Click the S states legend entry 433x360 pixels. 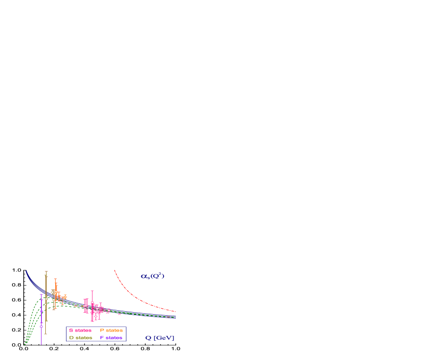pyautogui.click(x=80, y=330)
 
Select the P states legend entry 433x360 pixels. pyautogui.click(x=111, y=330)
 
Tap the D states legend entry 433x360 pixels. pyautogui.click(x=80, y=338)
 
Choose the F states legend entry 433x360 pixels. pyautogui.click(x=111, y=338)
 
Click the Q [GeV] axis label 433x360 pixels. pyautogui.click(x=160, y=338)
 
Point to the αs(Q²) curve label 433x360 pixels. pyautogui.click(x=152, y=276)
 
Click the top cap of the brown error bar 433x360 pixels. pyautogui.click(x=46, y=271)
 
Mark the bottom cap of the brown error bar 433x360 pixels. pyautogui.click(x=46, y=334)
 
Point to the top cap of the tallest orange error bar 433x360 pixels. pyautogui.click(x=55, y=279)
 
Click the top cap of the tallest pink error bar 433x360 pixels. pyautogui.click(x=92, y=291)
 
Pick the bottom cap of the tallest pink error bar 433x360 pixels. pyautogui.click(x=92, y=321)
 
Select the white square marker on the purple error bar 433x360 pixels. pyautogui.click(x=41, y=326)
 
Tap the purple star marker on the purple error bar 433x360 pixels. pyautogui.click(x=41, y=312)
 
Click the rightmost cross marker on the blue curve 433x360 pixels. pyautogui.click(x=169, y=317)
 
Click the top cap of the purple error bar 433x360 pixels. pyautogui.click(x=41, y=295)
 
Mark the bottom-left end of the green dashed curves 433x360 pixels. pyautogui.click(x=25, y=344)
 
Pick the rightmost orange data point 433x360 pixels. pyautogui.click(x=65, y=297)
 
